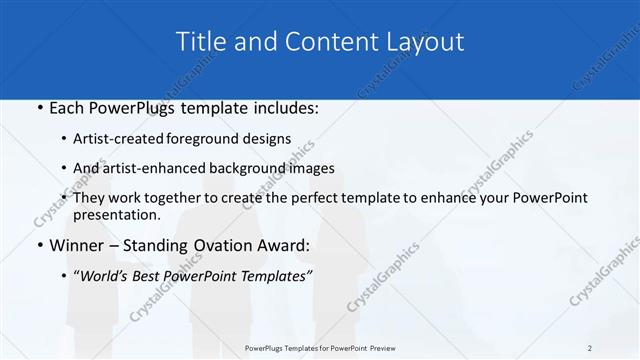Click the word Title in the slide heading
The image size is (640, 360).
coord(200,41)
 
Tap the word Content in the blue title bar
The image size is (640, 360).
coord(329,41)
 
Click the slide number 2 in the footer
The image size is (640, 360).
coord(590,347)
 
